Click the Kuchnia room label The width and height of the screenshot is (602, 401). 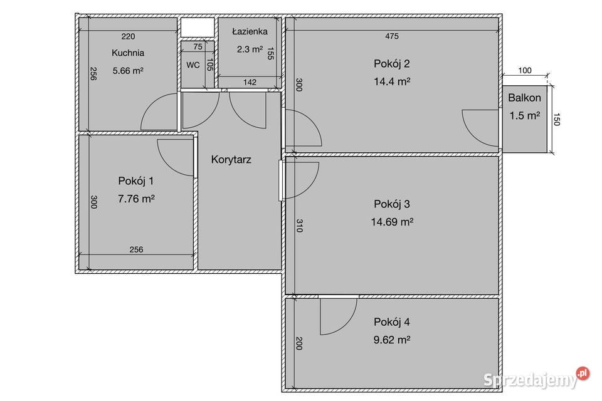point(128,53)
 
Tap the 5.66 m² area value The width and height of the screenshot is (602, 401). point(128,71)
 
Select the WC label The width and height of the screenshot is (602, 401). point(193,65)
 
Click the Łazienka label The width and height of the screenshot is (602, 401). point(250,31)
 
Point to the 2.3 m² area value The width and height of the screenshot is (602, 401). point(250,49)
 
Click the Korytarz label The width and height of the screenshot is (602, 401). point(231,160)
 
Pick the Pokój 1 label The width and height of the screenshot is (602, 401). point(136,180)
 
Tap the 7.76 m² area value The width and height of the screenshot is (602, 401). point(136,199)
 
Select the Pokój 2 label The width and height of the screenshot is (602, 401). point(391,64)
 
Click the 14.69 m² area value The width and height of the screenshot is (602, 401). point(392,222)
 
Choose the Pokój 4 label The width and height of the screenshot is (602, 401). point(391,322)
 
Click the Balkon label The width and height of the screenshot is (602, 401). point(524,98)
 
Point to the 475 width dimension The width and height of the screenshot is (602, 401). point(392,36)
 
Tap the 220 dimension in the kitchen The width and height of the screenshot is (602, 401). point(128,36)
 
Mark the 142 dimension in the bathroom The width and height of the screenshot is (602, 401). point(250,82)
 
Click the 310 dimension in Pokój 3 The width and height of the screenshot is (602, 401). point(300,226)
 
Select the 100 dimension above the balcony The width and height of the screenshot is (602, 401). point(525,71)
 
